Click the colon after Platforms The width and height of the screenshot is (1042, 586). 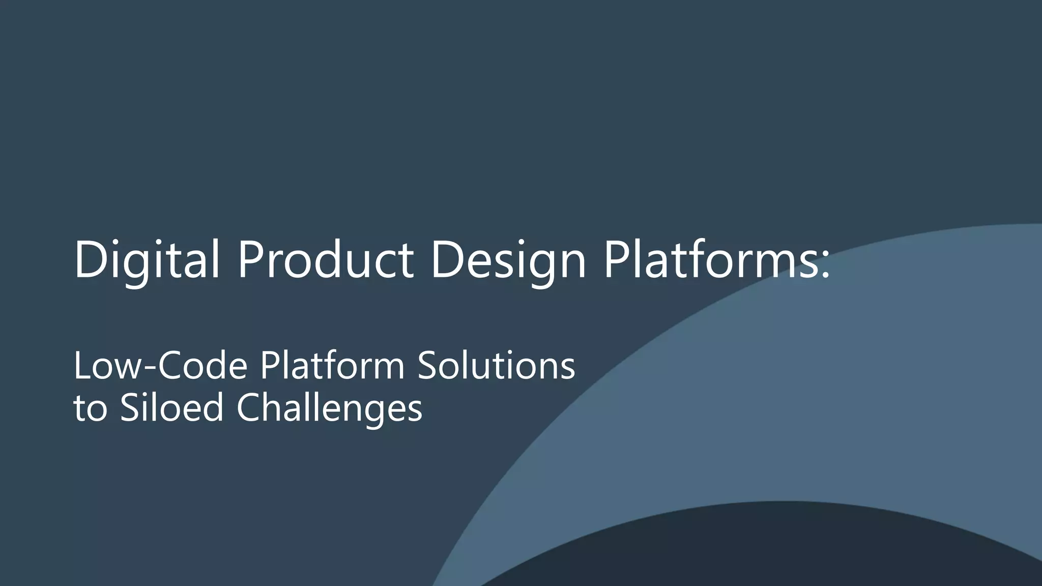pos(825,266)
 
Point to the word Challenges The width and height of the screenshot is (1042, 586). pos(330,408)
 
